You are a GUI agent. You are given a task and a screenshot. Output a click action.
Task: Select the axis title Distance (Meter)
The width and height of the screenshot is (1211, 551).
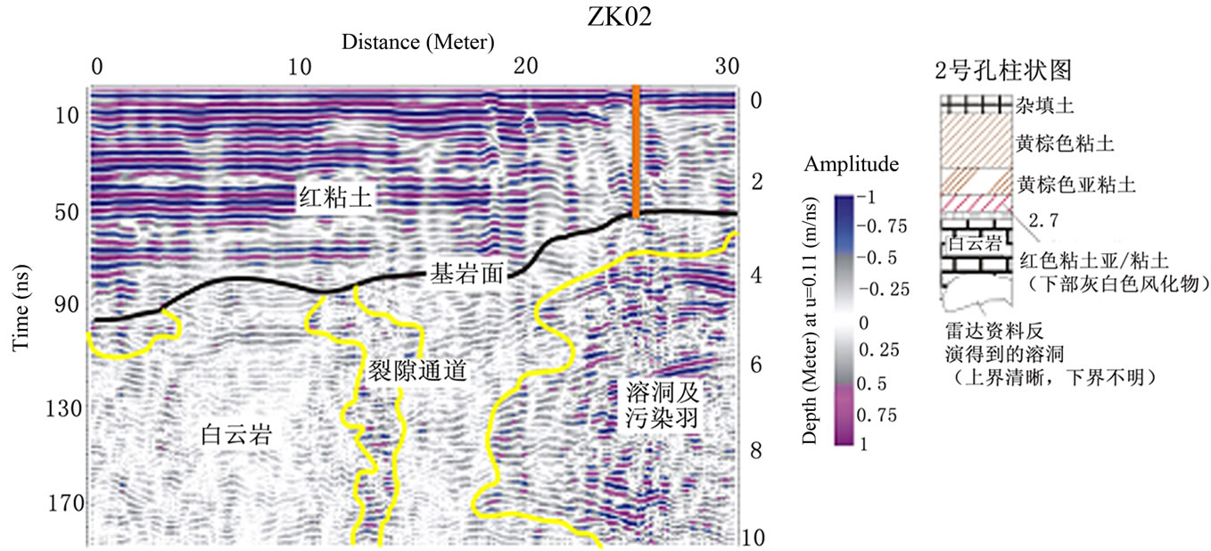click(417, 41)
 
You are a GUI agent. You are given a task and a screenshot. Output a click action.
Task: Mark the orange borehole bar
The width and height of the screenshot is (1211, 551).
click(635, 152)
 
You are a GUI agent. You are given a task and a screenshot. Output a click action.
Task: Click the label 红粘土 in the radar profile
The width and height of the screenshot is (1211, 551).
click(334, 198)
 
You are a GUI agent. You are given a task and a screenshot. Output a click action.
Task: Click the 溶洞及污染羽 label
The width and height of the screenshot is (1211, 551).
click(660, 403)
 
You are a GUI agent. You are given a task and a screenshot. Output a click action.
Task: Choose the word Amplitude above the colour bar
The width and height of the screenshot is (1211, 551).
click(851, 165)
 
